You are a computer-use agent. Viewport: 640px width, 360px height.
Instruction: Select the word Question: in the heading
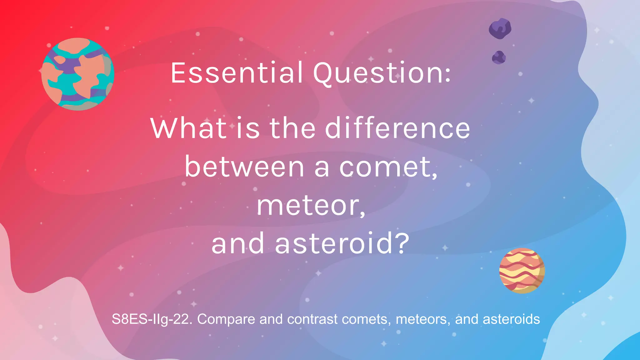click(382, 73)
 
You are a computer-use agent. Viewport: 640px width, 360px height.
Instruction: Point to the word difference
click(397, 128)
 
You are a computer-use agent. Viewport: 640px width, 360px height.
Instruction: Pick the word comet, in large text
click(388, 167)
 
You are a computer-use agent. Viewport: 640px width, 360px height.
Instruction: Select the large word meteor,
click(311, 206)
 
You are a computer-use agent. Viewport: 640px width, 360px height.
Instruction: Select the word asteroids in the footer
click(511, 319)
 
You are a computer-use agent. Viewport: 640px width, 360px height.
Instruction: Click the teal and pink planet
click(78, 74)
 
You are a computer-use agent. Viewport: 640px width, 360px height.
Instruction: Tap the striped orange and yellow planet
click(522, 271)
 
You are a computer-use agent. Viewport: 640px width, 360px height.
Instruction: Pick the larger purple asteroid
click(500, 28)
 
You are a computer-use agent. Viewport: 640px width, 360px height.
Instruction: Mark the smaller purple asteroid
click(499, 57)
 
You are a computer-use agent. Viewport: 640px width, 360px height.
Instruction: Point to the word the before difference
click(292, 128)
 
